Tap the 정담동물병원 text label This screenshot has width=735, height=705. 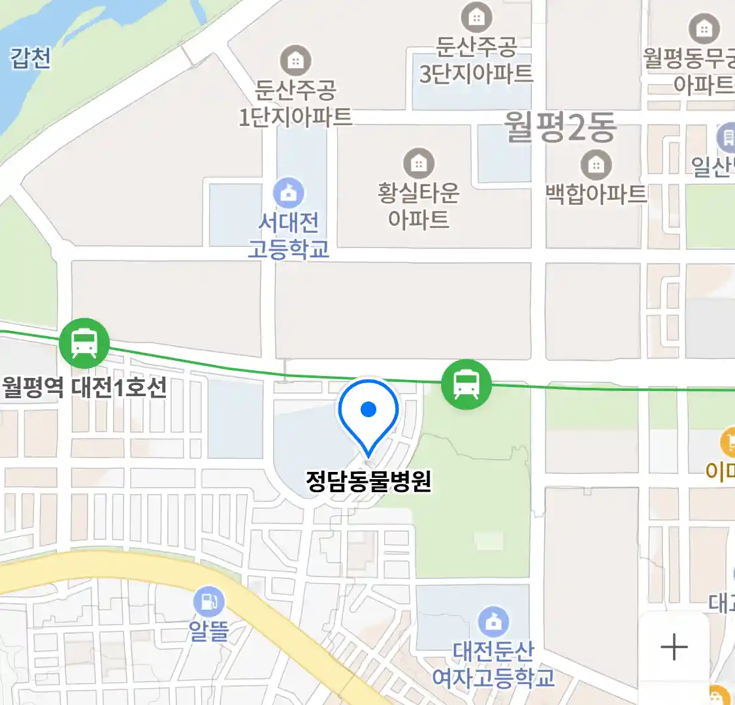coord(368,481)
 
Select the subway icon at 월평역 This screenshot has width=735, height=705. coord(84,343)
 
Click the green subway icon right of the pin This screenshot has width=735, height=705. coord(466,384)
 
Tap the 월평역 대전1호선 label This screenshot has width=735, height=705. coord(84,387)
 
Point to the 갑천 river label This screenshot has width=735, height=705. coord(30,58)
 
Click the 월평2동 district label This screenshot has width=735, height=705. coord(560,127)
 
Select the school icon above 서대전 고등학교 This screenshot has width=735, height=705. coord(288,193)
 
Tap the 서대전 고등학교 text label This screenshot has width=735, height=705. coord(288,236)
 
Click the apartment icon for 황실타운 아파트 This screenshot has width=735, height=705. coord(418,163)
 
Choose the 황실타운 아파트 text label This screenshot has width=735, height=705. coord(418,206)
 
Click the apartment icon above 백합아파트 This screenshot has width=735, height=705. coord(596,164)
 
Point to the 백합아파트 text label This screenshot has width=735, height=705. coord(596,194)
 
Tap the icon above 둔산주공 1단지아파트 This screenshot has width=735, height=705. coord(295,61)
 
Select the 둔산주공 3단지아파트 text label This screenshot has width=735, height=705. coord(476,60)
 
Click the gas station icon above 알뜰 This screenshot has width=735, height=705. coord(209,602)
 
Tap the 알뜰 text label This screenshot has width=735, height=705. coord(209,631)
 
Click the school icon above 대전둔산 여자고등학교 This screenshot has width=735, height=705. coord(494,622)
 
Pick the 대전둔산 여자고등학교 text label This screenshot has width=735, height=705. coord(494,664)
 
